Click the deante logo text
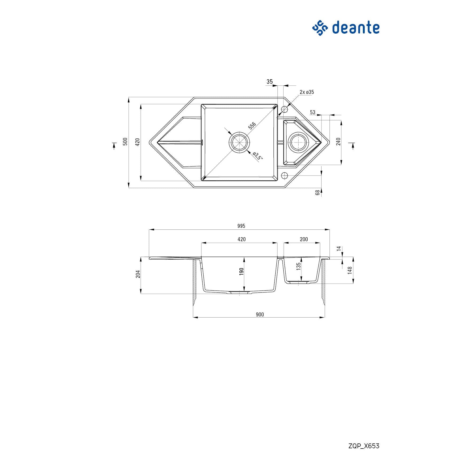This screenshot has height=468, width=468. click(x=355, y=28)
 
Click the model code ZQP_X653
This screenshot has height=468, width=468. click(x=364, y=446)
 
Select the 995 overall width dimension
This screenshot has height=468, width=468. click(x=241, y=226)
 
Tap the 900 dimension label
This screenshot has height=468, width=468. click(x=260, y=315)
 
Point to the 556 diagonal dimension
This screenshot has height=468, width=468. click(x=252, y=126)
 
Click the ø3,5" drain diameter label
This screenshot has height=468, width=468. click(x=257, y=156)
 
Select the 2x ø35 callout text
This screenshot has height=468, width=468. click(x=307, y=92)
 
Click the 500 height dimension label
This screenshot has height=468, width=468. click(x=125, y=142)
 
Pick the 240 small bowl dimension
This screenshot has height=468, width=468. click(x=338, y=142)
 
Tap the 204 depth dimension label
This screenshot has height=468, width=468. click(x=138, y=274)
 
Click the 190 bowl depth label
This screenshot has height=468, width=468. click(x=241, y=272)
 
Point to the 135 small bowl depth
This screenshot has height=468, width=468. click(x=299, y=266)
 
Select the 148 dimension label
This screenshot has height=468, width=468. click(x=350, y=270)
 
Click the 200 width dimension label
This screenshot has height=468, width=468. click(x=304, y=239)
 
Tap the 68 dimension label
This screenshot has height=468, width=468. click(x=318, y=192)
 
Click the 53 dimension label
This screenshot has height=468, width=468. click(x=313, y=112)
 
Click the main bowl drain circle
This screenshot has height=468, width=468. click(x=239, y=142)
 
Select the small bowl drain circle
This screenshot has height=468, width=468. click(x=298, y=142)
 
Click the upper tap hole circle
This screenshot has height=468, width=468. click(x=285, y=109)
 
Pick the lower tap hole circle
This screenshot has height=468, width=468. click(x=285, y=176)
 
